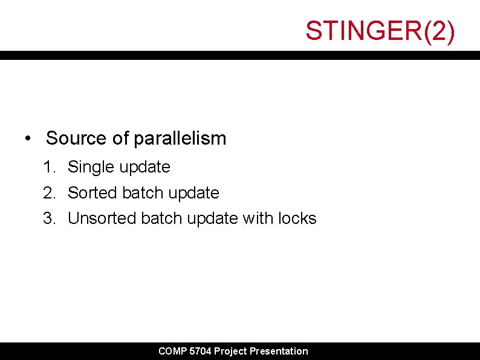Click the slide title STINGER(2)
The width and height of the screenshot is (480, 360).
pos(380,31)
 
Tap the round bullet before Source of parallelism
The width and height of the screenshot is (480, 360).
pos(28,139)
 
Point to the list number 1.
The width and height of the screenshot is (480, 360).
pos(48,167)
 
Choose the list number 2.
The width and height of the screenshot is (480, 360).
pos(49,193)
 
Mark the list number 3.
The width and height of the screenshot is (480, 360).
pos(49,218)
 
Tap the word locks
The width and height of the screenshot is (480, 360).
pos(297,218)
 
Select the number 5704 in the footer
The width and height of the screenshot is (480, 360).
pos(200,351)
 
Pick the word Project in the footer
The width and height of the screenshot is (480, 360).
pos(230,351)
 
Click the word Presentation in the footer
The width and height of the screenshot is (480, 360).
pos(279,351)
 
